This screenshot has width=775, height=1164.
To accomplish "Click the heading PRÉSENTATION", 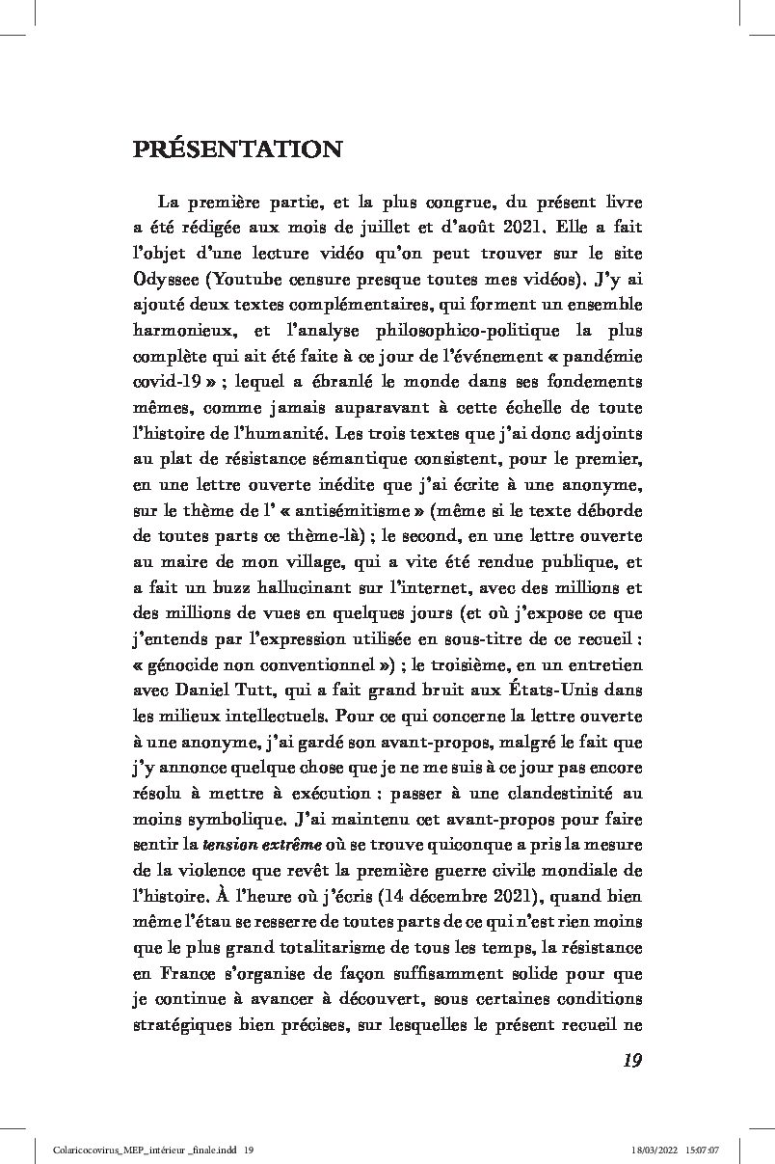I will coord(237,149).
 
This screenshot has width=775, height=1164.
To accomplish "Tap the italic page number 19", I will coord(631,1061).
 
